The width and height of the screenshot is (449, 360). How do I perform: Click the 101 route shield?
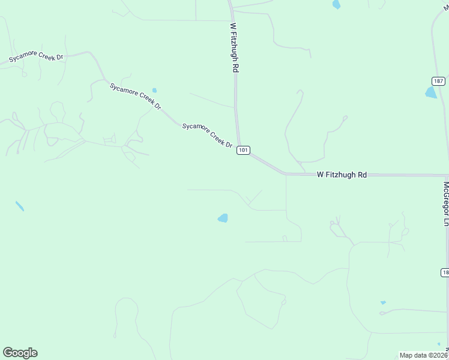point(243,150)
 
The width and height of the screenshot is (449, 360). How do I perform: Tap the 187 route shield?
point(439,81)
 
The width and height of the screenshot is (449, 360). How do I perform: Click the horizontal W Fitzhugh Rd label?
point(342,175)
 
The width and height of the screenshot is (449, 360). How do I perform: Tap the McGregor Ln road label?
point(445,204)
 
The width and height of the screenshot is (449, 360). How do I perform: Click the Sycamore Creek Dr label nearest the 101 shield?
point(207,135)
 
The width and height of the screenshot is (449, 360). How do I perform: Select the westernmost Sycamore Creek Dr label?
point(36,57)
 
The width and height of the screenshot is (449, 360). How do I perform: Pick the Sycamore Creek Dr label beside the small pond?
point(136,96)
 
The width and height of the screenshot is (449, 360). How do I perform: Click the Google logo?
point(20,353)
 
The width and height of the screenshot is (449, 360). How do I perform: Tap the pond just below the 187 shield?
point(431,92)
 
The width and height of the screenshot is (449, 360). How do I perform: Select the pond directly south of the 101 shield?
point(223,218)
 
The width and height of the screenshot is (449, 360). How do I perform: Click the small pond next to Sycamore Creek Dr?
point(154,91)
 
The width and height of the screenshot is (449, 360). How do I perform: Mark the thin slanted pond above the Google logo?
point(20,206)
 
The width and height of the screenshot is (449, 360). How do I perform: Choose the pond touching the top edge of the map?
point(336,4)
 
